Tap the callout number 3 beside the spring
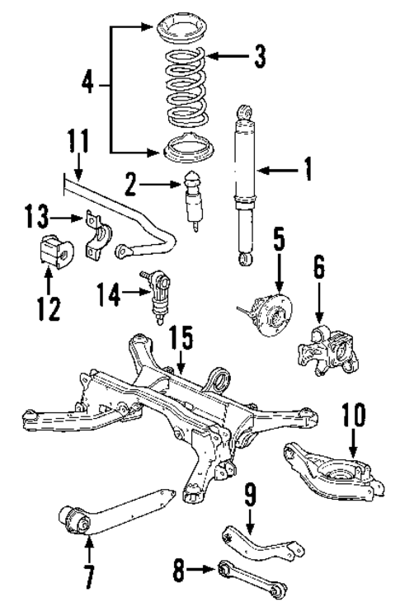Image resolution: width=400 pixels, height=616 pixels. click(261, 56)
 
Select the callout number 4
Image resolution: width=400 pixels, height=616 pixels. click(87, 83)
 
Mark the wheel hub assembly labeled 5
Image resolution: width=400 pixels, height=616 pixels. click(266, 309)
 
